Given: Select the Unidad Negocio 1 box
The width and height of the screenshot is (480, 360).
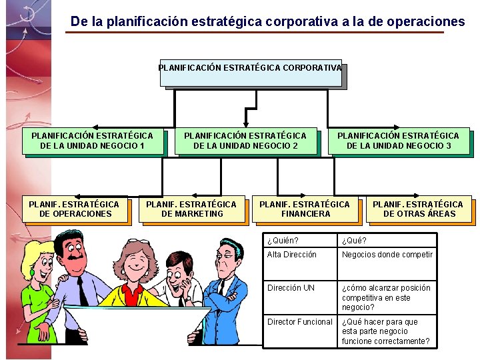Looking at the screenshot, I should click(92, 141).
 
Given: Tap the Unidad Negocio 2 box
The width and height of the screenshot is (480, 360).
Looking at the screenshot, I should click(245, 141).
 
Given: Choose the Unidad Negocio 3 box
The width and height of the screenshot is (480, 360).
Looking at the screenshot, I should click(398, 141).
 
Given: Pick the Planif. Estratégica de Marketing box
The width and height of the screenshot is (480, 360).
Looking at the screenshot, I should click(191, 209).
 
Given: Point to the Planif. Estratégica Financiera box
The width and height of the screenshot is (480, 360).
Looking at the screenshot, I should click(305, 209).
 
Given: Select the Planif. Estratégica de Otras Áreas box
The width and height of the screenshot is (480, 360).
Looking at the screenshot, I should click(419, 209).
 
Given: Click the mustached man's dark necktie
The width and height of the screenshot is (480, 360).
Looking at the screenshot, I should click(81, 290).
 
